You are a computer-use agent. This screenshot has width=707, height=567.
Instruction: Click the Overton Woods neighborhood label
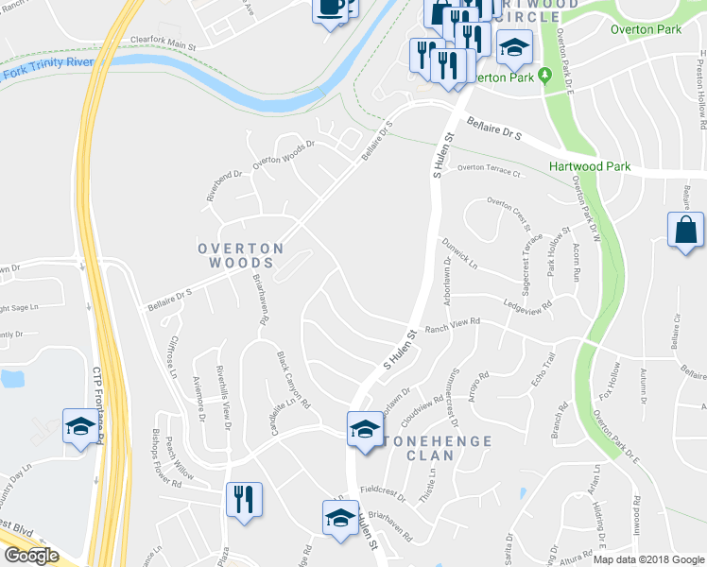click(240, 255)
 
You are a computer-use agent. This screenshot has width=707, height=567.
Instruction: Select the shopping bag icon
click(685, 232)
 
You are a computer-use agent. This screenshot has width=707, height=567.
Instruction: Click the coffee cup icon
click(330, 9)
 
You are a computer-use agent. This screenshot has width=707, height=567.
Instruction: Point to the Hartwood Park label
click(589, 166)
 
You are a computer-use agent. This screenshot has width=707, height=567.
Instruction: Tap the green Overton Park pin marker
click(545, 77)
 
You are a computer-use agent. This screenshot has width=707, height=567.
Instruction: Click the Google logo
click(31, 556)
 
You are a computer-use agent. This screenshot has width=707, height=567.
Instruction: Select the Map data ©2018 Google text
click(647, 559)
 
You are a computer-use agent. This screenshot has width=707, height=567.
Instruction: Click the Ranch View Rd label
click(453, 323)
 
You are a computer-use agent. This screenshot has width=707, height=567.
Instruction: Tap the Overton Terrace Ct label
click(490, 171)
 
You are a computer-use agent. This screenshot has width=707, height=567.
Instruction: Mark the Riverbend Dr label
click(225, 186)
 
